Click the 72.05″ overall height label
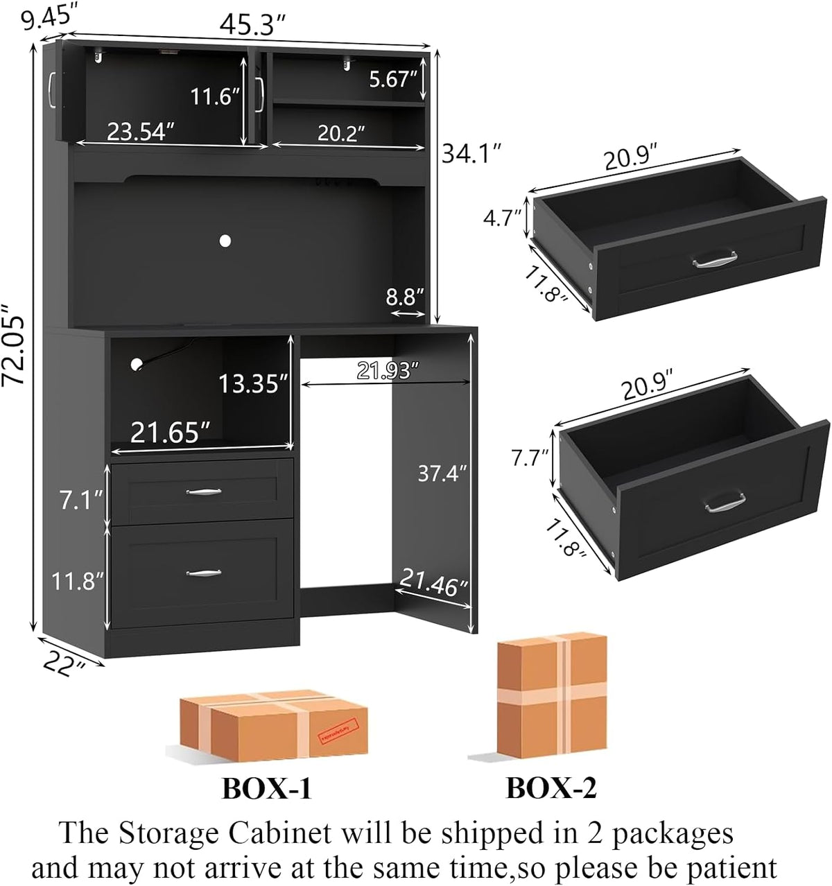click(13, 345)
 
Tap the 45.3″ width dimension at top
click(252, 25)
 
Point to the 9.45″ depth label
click(47, 18)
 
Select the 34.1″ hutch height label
click(471, 154)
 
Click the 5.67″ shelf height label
click(393, 80)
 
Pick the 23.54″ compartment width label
click(140, 131)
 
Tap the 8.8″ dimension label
click(405, 297)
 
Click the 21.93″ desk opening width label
click(388, 370)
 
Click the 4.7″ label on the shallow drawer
click(502, 218)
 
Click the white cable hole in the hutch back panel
click(225, 241)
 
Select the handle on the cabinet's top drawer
click(204, 492)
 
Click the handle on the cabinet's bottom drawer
click(204, 573)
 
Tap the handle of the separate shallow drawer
click(715, 259)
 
